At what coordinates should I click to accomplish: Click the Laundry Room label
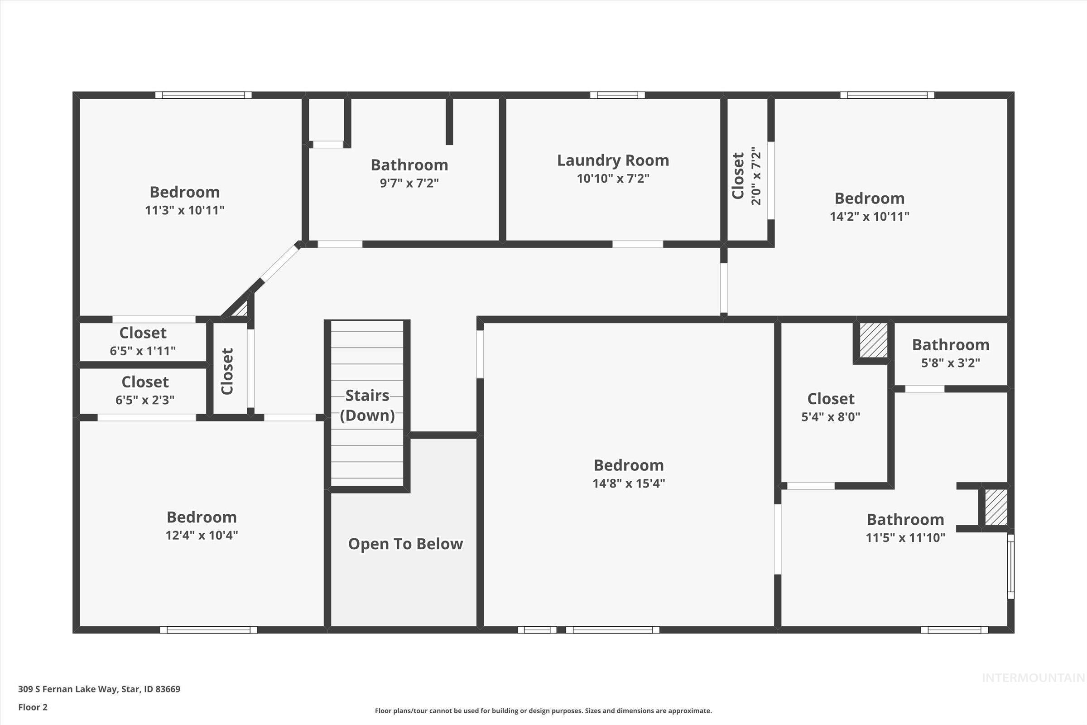click(x=613, y=160)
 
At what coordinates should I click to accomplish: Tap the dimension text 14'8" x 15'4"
click(x=629, y=483)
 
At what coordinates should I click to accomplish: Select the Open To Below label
click(x=405, y=544)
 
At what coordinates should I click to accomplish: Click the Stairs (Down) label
click(x=367, y=405)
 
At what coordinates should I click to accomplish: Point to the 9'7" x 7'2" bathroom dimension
click(x=409, y=183)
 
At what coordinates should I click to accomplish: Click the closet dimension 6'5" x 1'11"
click(x=143, y=351)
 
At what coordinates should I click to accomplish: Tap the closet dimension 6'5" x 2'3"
click(x=144, y=400)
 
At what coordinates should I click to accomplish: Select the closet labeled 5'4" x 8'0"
click(x=831, y=407)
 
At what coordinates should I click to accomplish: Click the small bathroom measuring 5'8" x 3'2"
click(x=950, y=353)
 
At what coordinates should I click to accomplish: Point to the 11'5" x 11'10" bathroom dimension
click(x=905, y=538)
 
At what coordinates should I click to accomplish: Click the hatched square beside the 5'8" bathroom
click(x=874, y=340)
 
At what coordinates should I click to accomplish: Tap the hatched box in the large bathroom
click(x=996, y=507)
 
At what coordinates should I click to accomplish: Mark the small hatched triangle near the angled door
click(x=241, y=309)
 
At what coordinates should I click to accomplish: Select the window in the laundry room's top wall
click(x=617, y=95)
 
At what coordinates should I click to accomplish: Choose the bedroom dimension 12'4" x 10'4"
click(x=202, y=536)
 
